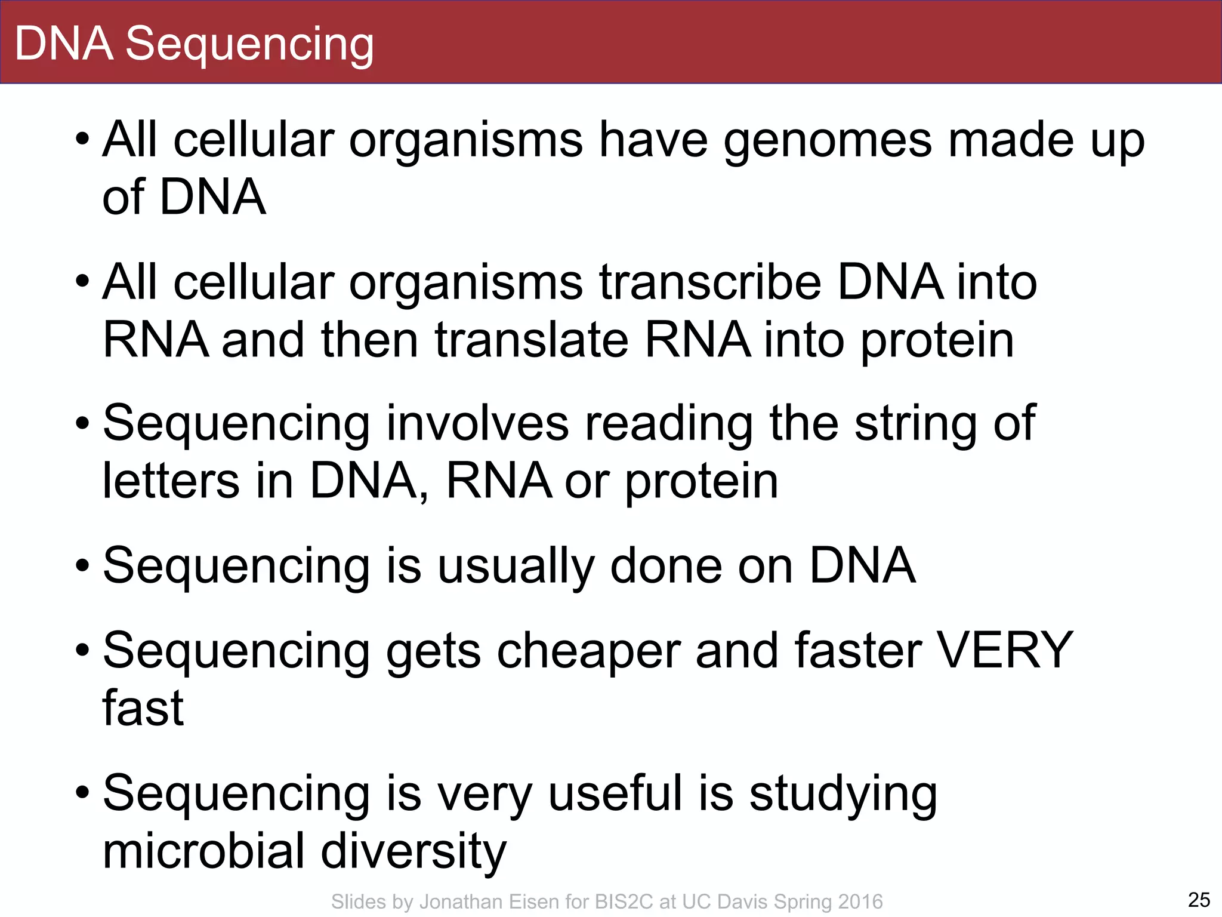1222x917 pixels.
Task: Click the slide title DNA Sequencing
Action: pyautogui.click(x=194, y=44)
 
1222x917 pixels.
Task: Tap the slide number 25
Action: pyautogui.click(x=1199, y=899)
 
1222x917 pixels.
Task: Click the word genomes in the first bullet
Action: pyautogui.click(x=828, y=141)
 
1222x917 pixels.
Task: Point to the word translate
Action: pyautogui.click(x=532, y=340)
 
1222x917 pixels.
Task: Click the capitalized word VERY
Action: pyautogui.click(x=1005, y=650)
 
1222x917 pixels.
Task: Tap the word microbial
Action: pyautogui.click(x=204, y=850)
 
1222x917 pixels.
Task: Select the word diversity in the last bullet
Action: pyautogui.click(x=413, y=851)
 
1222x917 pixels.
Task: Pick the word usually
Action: pyautogui.click(x=516, y=567)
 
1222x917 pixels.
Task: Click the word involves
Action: pyautogui.click(x=477, y=423)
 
